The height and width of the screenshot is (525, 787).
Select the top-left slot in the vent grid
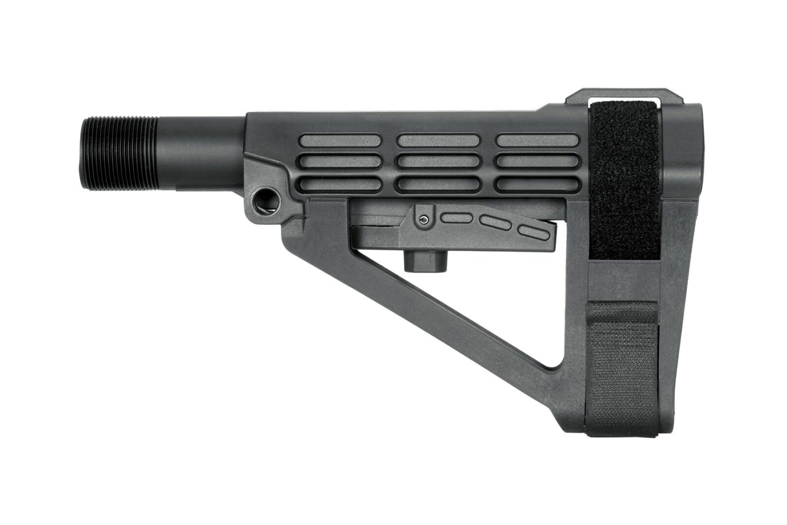[339, 141]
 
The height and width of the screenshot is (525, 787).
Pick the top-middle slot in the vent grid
[438, 141]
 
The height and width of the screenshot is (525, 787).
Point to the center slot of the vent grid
[438, 162]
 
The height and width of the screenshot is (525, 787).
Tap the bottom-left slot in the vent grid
[339, 184]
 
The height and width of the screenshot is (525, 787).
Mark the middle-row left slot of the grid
[339, 162]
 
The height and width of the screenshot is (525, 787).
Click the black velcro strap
[625, 182]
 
